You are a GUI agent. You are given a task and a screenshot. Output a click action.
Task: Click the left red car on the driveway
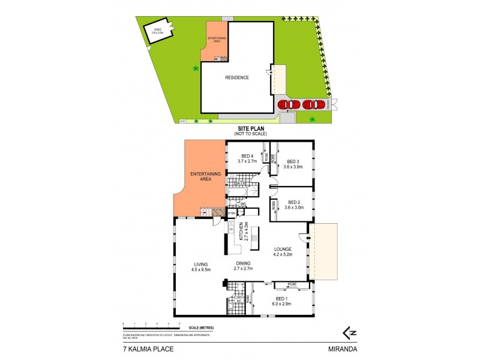click(x=289, y=104)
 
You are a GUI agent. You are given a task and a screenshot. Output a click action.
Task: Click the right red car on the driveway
click(x=313, y=104)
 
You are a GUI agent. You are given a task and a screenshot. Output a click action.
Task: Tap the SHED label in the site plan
click(x=157, y=29)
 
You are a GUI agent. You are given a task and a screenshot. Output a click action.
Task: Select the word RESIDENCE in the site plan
click(x=236, y=77)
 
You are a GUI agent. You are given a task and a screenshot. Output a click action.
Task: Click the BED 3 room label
click(x=293, y=161)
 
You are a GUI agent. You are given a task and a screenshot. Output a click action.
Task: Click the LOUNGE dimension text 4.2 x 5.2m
click(x=283, y=254)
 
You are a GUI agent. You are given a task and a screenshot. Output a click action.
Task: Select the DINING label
click(x=242, y=263)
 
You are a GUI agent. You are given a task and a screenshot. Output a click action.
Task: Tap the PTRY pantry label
click(x=231, y=213)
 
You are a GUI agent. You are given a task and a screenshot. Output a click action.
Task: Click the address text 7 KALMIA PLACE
click(x=145, y=347)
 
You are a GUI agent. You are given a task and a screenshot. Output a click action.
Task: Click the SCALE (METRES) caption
click(x=201, y=327)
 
